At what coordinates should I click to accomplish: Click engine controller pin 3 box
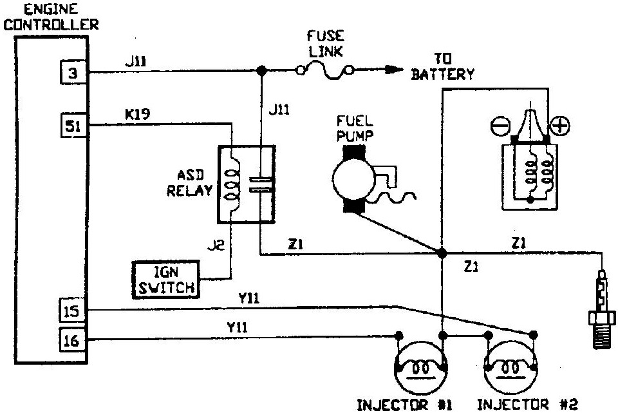coord(72,73)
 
